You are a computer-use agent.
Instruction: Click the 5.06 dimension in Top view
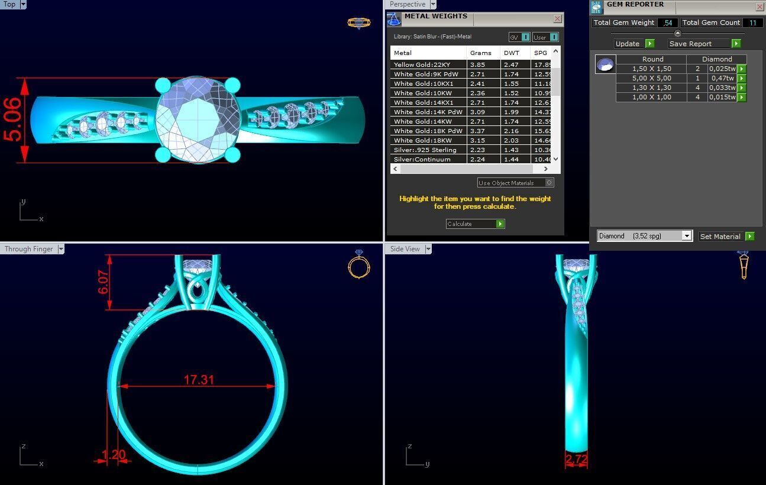tap(13, 120)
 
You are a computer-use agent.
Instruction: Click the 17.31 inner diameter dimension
tap(198, 380)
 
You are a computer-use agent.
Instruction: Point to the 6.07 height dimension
tap(104, 282)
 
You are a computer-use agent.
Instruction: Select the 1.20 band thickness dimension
tap(114, 455)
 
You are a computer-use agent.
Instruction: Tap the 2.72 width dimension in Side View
tap(576, 459)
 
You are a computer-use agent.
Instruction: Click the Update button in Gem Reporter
tap(634, 44)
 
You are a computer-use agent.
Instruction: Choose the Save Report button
tap(704, 44)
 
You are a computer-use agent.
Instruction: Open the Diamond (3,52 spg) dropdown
tap(686, 236)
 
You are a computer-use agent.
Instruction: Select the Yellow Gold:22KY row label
tap(422, 64)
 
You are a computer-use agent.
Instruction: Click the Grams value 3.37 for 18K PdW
tap(477, 131)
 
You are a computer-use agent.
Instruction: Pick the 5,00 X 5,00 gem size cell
tap(651, 78)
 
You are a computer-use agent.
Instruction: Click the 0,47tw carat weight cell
tap(722, 78)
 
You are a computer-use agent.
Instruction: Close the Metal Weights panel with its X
tap(557, 19)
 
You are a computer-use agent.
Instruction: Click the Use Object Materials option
tap(515, 183)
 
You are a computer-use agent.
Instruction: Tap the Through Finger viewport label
tap(29, 249)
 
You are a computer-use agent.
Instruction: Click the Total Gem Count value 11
tap(752, 22)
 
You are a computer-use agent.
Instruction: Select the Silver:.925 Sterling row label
tap(425, 150)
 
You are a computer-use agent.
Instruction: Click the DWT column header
tap(511, 53)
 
